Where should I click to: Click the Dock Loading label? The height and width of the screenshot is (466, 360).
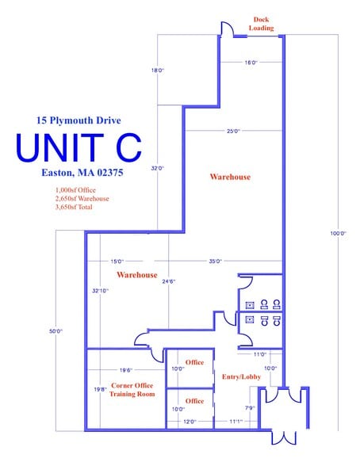(x=261, y=24)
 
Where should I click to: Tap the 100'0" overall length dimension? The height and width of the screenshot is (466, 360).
(x=338, y=233)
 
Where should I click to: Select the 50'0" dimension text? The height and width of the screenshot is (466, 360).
(x=56, y=330)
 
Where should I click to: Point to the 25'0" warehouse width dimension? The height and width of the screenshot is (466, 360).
(x=233, y=131)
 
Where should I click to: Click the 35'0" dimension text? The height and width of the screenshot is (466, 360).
(x=215, y=262)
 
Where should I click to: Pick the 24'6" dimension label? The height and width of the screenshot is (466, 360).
(x=169, y=281)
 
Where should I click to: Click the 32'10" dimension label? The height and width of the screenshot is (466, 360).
(x=100, y=291)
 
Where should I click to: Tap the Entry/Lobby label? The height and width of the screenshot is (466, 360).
(x=241, y=377)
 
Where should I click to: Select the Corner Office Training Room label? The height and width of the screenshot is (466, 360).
(x=132, y=390)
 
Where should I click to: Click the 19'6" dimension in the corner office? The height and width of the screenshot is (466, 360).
(x=126, y=370)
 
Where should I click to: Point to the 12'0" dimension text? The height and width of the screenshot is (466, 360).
(x=190, y=422)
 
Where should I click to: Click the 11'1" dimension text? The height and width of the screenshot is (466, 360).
(x=236, y=422)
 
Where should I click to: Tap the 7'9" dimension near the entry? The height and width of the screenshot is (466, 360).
(x=250, y=408)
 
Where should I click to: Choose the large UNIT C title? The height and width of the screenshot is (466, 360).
(x=79, y=147)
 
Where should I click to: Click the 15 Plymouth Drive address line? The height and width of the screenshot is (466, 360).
(x=79, y=120)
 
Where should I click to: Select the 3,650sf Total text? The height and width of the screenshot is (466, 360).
(x=74, y=207)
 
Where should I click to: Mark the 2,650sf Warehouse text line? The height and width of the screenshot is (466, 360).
(x=82, y=198)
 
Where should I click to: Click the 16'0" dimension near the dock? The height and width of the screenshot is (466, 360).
(x=251, y=63)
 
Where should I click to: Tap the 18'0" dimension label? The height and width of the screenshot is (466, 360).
(x=158, y=71)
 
